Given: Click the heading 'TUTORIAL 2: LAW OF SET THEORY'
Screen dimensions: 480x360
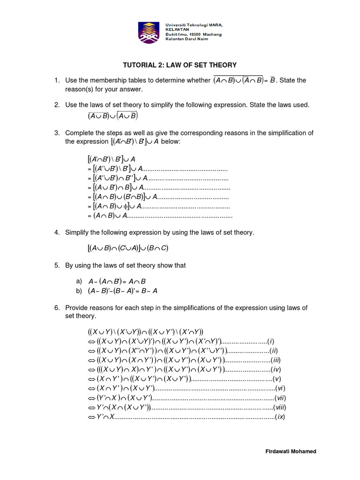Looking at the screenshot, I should pos(180,65).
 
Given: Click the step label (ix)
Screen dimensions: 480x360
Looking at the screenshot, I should pos(280,416).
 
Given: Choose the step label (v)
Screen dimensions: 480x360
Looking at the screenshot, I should pos(277,378).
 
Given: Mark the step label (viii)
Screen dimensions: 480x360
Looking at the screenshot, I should pos(280,407).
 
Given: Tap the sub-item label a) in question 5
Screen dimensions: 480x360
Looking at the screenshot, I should pos(78,281).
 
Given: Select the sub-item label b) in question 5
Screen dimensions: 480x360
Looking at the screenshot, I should pos(78,291).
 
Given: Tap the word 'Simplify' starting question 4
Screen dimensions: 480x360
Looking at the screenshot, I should pos(78,232).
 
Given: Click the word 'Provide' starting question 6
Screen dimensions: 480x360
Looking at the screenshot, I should pos(78,307).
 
